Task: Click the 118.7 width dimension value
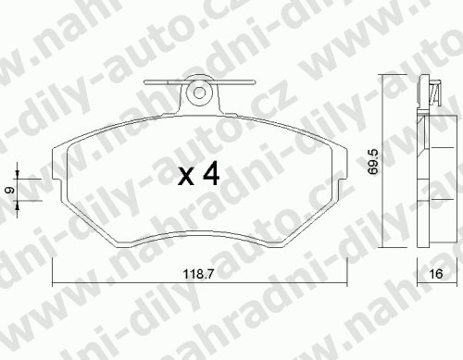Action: [x=198, y=274]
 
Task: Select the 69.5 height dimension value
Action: [x=373, y=162]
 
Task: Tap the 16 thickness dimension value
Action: [x=436, y=274]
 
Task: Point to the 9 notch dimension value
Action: [x=11, y=190]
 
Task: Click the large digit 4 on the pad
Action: [x=211, y=174]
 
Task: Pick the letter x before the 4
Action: [x=186, y=178]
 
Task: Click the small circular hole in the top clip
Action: [x=200, y=93]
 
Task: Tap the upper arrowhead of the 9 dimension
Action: [x=18, y=175]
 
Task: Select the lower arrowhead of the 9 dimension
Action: [x=18, y=205]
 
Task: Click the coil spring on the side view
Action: [x=435, y=93]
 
